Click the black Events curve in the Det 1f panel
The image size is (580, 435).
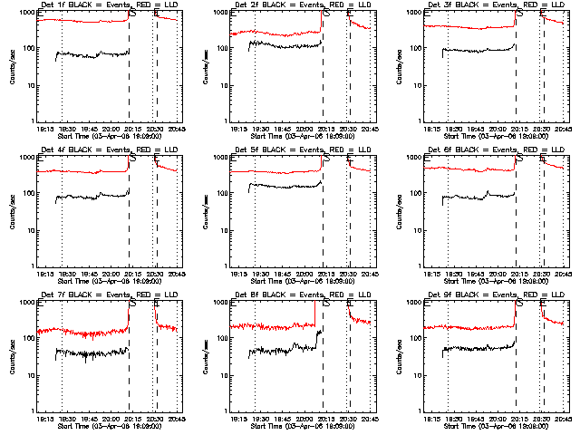coord(91,54)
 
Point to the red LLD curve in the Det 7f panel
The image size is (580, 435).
coord(91,331)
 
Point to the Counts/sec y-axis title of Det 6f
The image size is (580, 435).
coord(400,210)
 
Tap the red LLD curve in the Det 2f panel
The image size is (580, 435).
coord(272,34)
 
